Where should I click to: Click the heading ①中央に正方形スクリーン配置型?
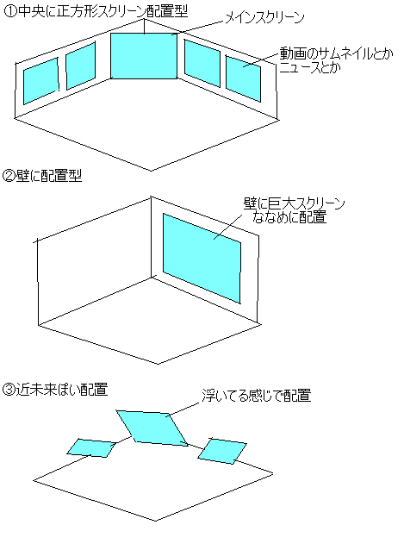click(96, 11)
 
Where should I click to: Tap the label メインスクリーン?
click(264, 17)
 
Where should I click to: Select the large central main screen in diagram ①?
click(144, 56)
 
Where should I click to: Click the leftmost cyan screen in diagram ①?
click(40, 81)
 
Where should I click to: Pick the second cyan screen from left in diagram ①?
click(80, 66)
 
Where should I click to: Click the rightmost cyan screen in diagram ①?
click(243, 78)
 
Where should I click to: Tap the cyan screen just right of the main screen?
click(202, 63)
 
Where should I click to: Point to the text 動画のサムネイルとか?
click(336, 53)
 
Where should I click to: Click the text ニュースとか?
click(310, 67)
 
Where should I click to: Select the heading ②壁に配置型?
click(42, 175)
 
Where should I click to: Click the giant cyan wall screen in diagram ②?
click(202, 258)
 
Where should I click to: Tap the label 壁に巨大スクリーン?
click(294, 203)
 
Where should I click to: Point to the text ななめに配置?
click(289, 217)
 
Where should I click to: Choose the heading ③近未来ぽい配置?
click(55, 390)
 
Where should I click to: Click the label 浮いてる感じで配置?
click(257, 396)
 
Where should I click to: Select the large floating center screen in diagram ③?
click(152, 428)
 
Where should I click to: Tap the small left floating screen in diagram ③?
click(91, 447)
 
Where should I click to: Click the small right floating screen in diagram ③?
click(222, 451)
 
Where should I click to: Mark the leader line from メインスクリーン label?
click(197, 28)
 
